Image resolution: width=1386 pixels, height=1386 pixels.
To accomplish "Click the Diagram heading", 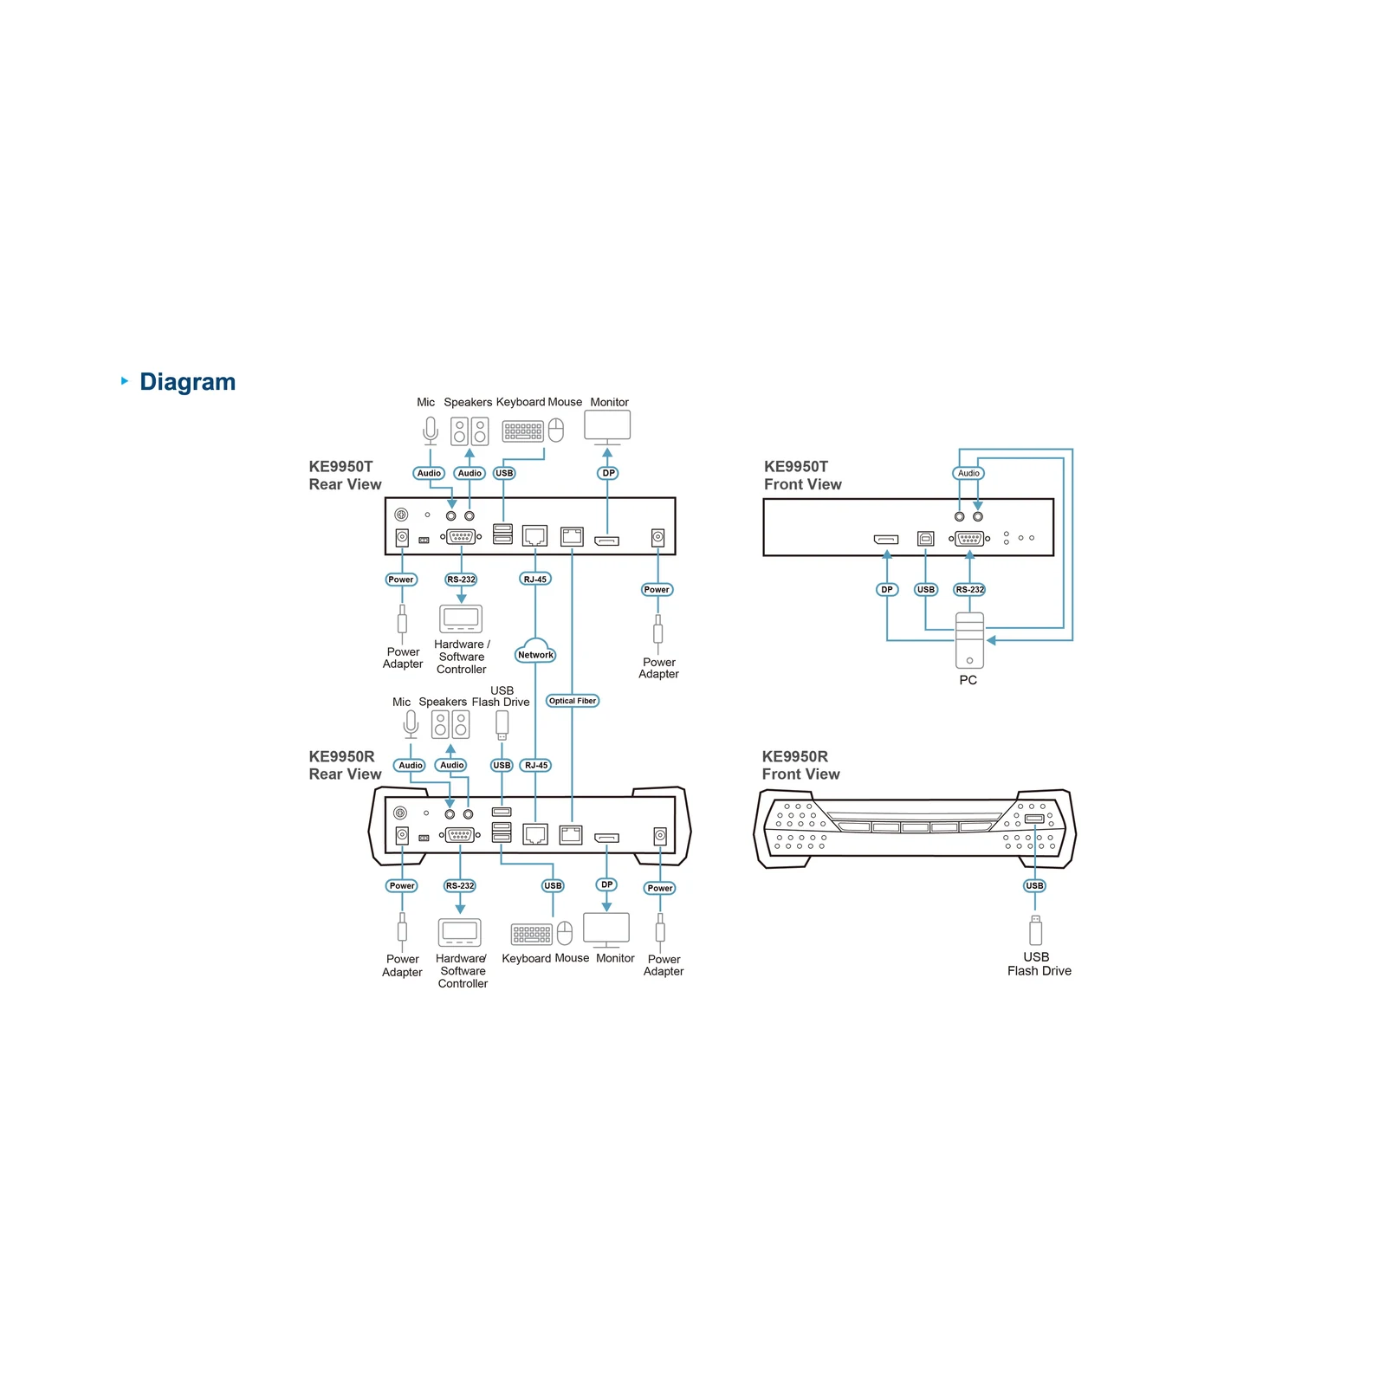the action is click(x=187, y=382).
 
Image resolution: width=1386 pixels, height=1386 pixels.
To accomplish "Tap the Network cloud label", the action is click(x=535, y=655).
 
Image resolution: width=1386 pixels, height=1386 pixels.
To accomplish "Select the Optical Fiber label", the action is click(x=573, y=701).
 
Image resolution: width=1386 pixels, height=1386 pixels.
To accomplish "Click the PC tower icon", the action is click(x=969, y=640).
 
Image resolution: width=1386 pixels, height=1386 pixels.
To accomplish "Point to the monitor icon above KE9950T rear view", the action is click(x=607, y=426).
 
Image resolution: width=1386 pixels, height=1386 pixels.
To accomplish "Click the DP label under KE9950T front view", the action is click(x=886, y=590).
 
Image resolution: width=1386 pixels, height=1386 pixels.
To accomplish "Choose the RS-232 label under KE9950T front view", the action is click(x=969, y=590).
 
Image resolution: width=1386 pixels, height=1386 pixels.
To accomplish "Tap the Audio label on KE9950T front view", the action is click(x=968, y=473).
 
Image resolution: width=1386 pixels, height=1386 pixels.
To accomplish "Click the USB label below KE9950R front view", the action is click(x=1034, y=885).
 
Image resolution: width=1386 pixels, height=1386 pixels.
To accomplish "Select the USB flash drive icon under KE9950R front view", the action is click(x=1035, y=930).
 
